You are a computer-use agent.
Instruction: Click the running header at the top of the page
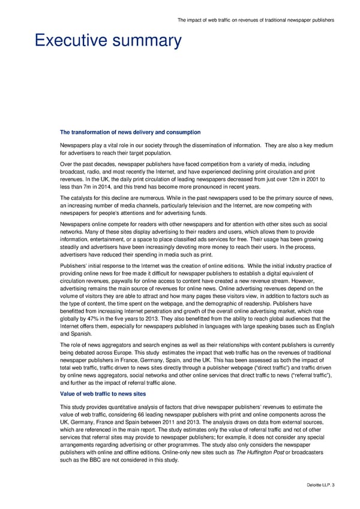coord(256,20)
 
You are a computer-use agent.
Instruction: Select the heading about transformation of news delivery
coord(130,132)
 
